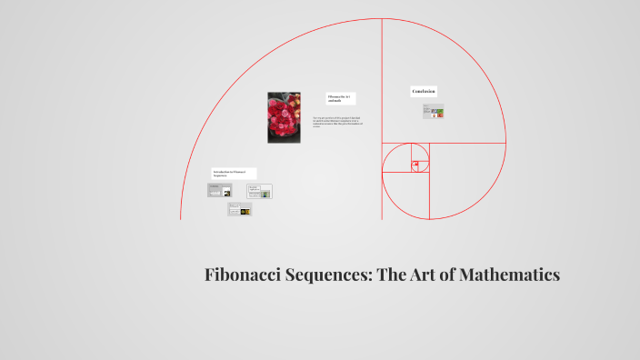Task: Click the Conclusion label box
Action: click(424, 91)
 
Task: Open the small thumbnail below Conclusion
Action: click(433, 112)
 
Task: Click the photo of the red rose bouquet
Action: click(284, 117)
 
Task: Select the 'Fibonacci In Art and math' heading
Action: click(341, 98)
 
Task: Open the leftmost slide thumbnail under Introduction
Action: click(219, 190)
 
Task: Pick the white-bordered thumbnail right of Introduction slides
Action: click(260, 192)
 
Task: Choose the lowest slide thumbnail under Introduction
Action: click(239, 209)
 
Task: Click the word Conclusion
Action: click(424, 91)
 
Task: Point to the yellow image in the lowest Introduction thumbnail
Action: click(244, 210)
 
